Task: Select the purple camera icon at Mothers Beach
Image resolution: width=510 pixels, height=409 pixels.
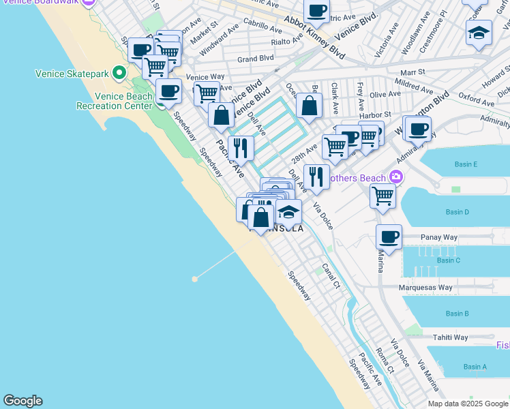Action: click(x=395, y=177)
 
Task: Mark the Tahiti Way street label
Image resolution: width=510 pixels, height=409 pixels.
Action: click(x=451, y=337)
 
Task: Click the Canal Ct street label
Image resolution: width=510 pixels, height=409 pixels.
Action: click(x=331, y=275)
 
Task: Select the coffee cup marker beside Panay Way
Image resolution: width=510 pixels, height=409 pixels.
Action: click(x=389, y=237)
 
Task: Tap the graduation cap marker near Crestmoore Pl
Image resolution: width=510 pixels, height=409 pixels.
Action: click(x=479, y=32)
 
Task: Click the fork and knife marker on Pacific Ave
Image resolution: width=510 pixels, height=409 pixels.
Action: click(x=240, y=148)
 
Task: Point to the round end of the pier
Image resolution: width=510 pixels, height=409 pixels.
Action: click(x=195, y=279)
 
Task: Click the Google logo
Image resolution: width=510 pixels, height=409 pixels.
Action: click(x=22, y=401)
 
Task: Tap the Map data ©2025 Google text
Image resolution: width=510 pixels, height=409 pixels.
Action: click(x=467, y=404)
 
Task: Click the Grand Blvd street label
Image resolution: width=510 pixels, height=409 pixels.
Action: click(x=256, y=59)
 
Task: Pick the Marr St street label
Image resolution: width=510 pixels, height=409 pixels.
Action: click(x=412, y=71)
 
